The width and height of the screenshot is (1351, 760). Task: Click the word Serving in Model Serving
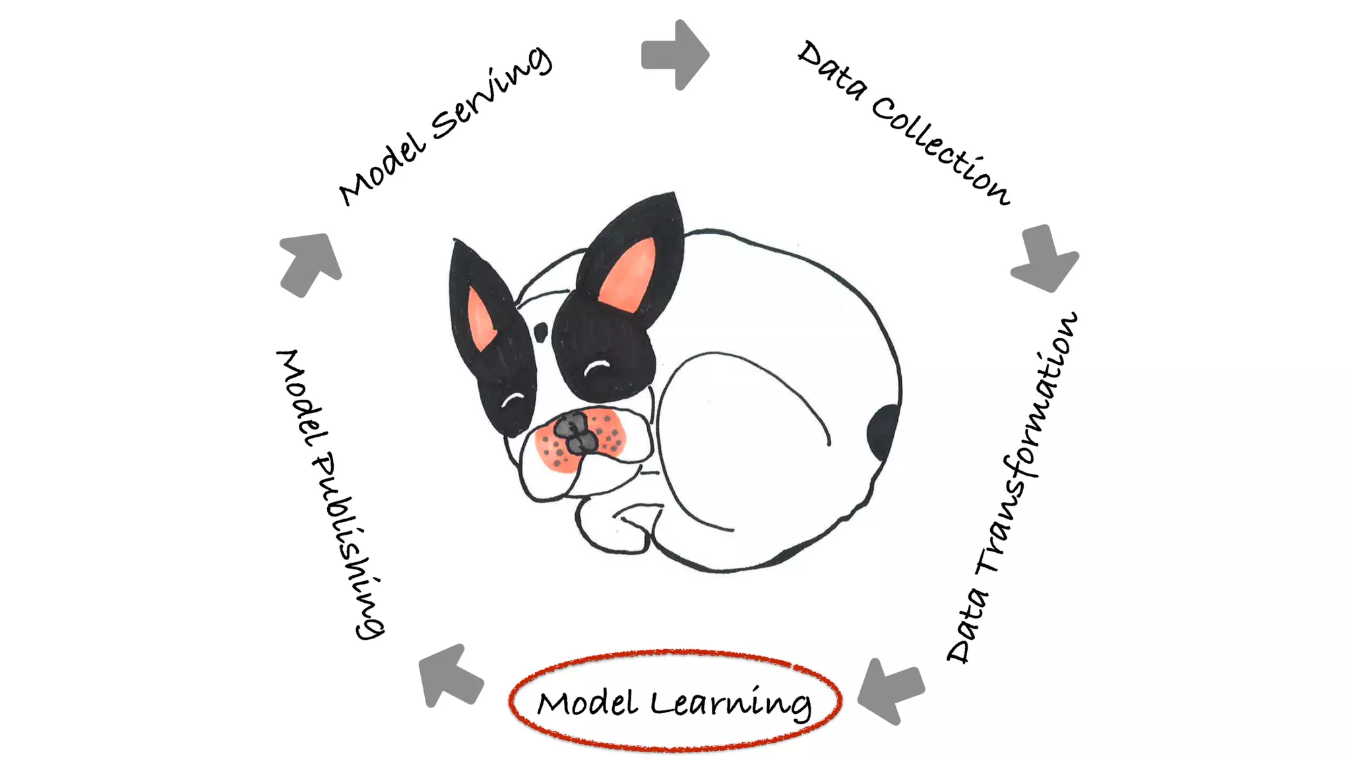491,96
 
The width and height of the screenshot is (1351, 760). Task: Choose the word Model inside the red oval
587,703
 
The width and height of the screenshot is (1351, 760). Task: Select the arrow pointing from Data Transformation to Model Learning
891,690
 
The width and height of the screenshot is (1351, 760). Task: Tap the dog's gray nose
573,433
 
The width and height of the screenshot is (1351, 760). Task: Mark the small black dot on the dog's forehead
541,332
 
